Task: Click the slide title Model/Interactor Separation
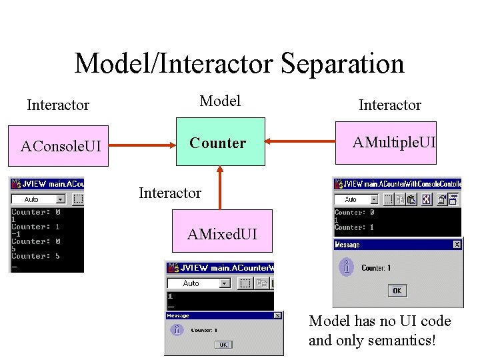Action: (239, 64)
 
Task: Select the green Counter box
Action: (220, 143)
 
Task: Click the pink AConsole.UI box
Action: (61, 145)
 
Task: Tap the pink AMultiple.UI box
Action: (386, 142)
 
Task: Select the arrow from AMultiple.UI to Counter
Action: (300, 141)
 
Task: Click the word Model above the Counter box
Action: (220, 101)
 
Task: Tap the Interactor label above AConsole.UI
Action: (58, 105)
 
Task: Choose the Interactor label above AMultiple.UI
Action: (389, 105)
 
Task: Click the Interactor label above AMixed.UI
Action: (169, 193)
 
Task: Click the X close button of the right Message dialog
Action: (457, 245)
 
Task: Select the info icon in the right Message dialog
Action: (346, 267)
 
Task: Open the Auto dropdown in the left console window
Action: (61, 199)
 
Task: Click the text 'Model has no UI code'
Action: (379, 321)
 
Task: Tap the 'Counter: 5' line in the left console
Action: (35, 256)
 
